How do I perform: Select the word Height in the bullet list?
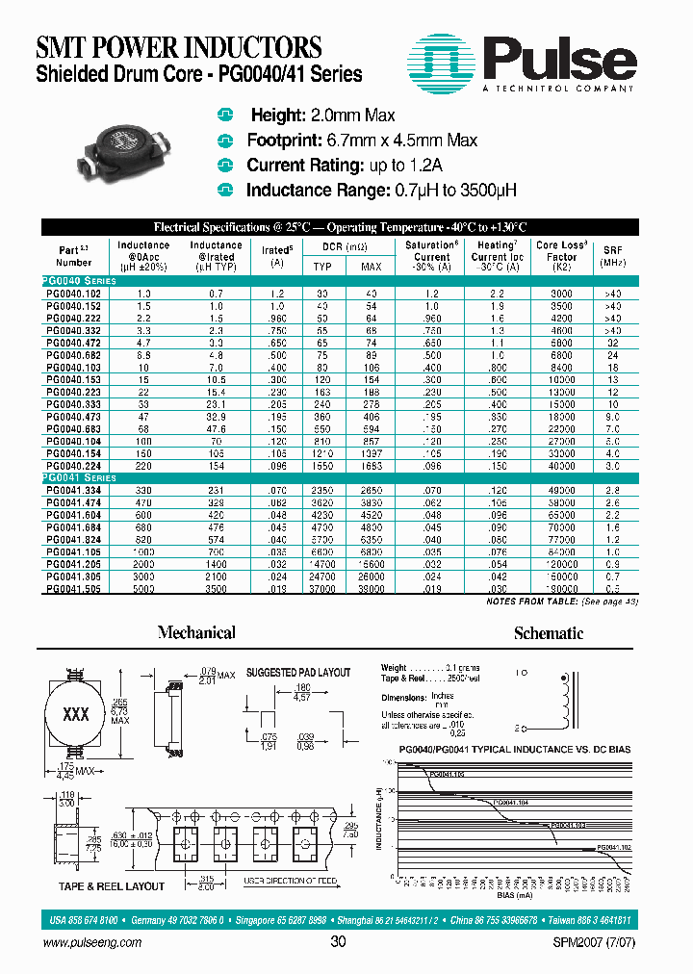(x=276, y=115)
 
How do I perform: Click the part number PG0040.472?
(x=73, y=341)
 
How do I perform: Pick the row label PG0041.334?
(x=73, y=490)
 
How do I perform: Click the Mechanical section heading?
(x=196, y=632)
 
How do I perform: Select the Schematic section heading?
(x=548, y=632)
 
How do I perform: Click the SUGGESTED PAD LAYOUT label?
(x=298, y=672)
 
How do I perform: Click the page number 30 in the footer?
(x=338, y=942)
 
